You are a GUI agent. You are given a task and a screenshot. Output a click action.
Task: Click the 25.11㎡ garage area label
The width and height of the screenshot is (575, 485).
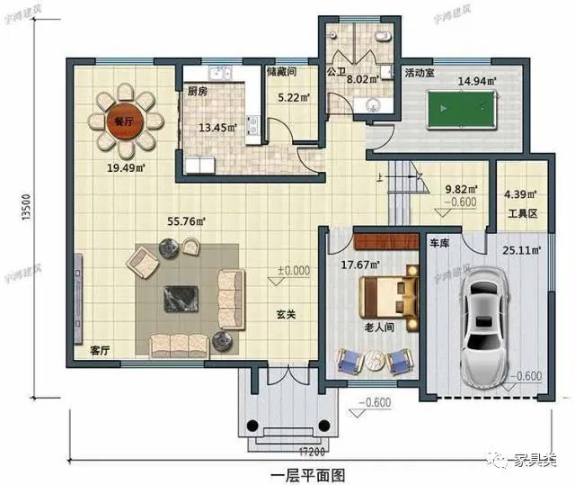tap(521, 250)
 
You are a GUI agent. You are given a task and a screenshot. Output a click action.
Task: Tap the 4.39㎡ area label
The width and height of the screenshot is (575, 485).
tap(520, 193)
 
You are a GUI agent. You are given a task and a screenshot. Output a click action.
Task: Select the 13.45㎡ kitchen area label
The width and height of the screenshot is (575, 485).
tap(217, 127)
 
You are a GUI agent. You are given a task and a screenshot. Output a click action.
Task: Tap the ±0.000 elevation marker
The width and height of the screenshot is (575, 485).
tap(293, 269)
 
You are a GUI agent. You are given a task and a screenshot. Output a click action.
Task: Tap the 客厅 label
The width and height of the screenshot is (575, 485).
tap(100, 351)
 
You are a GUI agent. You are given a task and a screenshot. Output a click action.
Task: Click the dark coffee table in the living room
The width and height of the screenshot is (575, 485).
tap(176, 298)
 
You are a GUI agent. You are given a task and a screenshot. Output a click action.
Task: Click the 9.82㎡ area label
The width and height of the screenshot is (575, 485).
tap(462, 190)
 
